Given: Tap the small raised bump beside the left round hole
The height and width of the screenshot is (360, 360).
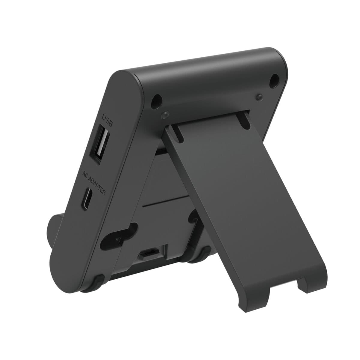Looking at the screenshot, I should (x=164, y=115).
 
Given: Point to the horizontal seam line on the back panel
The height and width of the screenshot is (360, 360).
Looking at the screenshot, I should (x=165, y=202).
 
